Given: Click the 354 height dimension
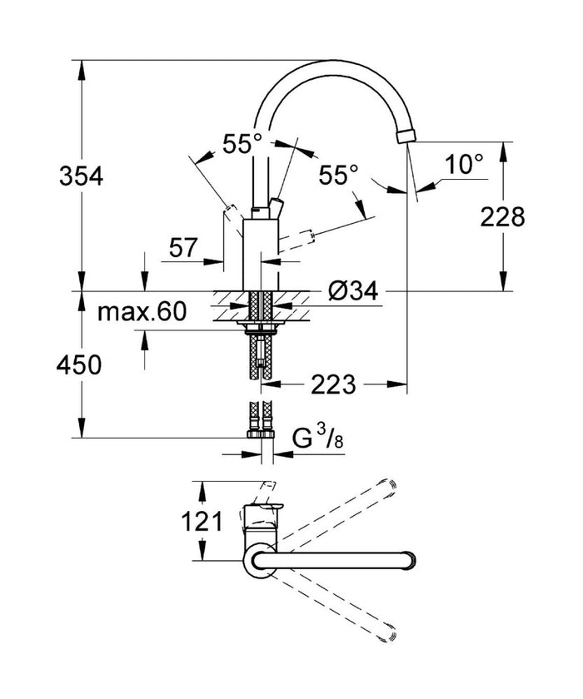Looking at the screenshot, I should (80, 176).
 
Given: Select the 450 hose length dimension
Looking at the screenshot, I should (80, 364).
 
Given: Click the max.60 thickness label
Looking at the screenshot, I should (142, 313).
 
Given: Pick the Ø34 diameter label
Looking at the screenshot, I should (353, 290).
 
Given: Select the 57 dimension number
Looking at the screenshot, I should (182, 246).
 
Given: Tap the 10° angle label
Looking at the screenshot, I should (463, 164).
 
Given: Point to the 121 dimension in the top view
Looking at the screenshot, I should (203, 522).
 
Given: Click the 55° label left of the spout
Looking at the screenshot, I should (242, 144).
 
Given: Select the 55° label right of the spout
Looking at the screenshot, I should (340, 175).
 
